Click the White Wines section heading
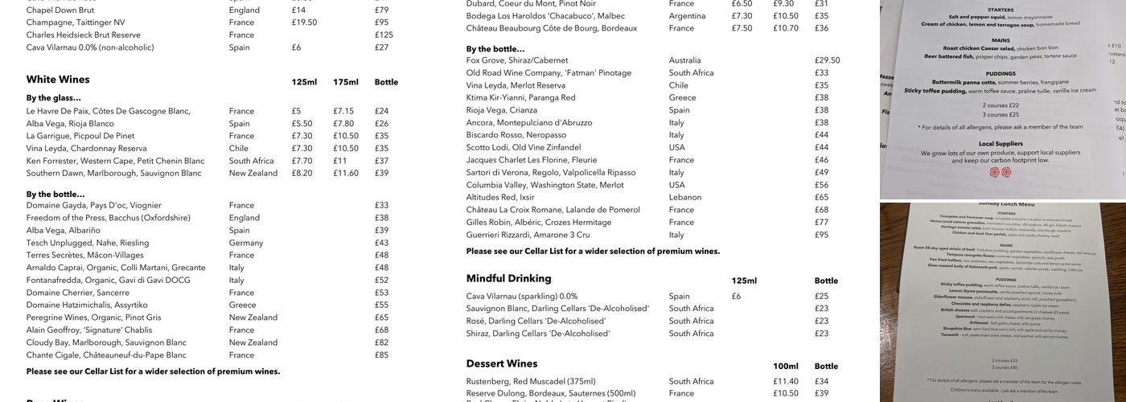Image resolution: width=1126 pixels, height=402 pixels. [58, 80]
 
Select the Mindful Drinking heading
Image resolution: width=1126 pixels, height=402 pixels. [508, 278]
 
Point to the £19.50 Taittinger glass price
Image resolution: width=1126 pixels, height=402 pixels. [304, 23]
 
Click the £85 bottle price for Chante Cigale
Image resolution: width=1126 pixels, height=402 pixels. [381, 355]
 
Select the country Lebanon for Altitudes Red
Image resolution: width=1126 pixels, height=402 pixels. [685, 197]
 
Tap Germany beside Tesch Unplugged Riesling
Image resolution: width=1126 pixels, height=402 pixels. [246, 243]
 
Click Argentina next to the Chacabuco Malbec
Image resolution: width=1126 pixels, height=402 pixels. [687, 15]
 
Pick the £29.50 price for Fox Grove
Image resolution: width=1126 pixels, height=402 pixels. [827, 60]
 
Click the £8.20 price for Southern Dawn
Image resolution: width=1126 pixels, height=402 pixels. [302, 173]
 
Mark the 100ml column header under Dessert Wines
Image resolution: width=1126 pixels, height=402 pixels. [785, 366]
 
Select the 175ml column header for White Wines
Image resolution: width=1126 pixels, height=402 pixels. [345, 82]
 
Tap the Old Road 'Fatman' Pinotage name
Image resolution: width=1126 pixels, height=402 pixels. [549, 72]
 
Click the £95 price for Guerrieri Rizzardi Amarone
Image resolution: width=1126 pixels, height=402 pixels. [821, 235]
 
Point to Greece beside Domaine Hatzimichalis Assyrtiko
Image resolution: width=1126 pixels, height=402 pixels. [242, 305]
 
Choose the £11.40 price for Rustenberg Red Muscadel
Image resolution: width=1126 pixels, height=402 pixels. [785, 381]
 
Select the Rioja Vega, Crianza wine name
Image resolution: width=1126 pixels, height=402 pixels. [501, 110]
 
